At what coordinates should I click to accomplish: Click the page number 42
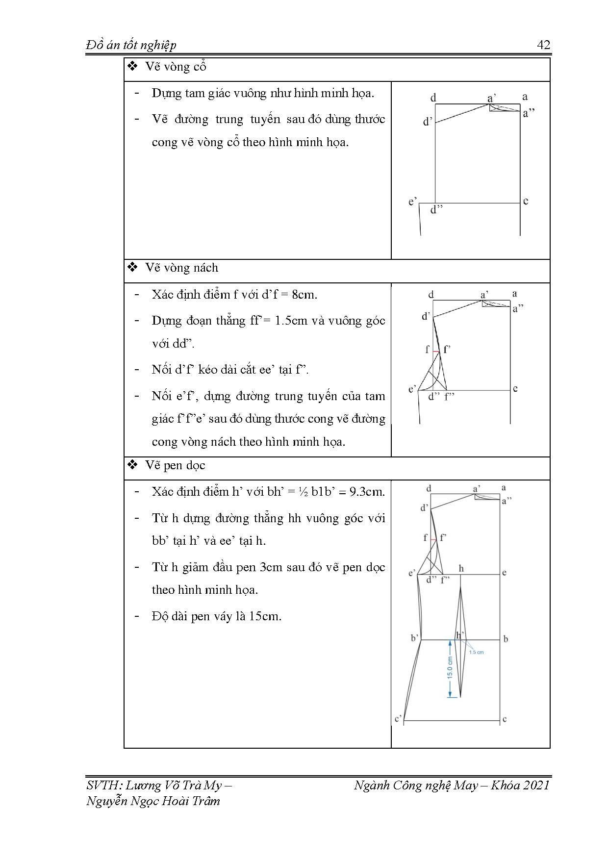[544, 45]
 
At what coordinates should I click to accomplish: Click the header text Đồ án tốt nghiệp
[131, 46]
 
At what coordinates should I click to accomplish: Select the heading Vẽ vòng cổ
[176, 67]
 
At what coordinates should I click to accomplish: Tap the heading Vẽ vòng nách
[181, 268]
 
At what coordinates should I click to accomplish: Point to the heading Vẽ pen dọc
[175, 465]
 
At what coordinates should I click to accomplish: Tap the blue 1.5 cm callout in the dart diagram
[476, 653]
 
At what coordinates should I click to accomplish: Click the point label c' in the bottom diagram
[398, 719]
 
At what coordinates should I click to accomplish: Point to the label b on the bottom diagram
[506, 639]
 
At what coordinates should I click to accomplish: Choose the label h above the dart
[461, 569]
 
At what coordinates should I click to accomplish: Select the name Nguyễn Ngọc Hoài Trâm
[153, 801]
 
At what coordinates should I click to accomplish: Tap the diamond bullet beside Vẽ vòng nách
[132, 268]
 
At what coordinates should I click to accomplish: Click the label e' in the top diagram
[413, 201]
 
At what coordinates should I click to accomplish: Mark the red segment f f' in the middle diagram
[436, 352]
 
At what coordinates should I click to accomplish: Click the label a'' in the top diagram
[529, 114]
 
